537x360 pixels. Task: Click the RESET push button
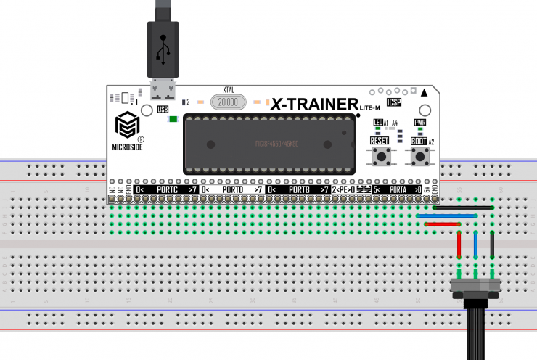[379, 157]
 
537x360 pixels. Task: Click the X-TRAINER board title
[313, 104]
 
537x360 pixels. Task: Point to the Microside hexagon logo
[128, 125]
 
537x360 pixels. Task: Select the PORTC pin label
[168, 189]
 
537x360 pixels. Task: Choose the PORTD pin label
[232, 189]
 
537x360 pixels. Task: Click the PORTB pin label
[299, 189]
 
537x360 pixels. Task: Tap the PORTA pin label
[398, 189]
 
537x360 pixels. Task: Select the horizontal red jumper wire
[442, 224]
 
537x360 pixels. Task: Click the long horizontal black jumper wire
[457, 208]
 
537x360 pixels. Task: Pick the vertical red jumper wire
[459, 245]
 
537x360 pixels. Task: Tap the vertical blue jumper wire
[476, 245]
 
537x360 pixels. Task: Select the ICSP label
[394, 102]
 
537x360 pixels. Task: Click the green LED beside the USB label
[173, 119]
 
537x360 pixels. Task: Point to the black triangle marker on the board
[425, 92]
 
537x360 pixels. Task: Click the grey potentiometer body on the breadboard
[476, 288]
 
